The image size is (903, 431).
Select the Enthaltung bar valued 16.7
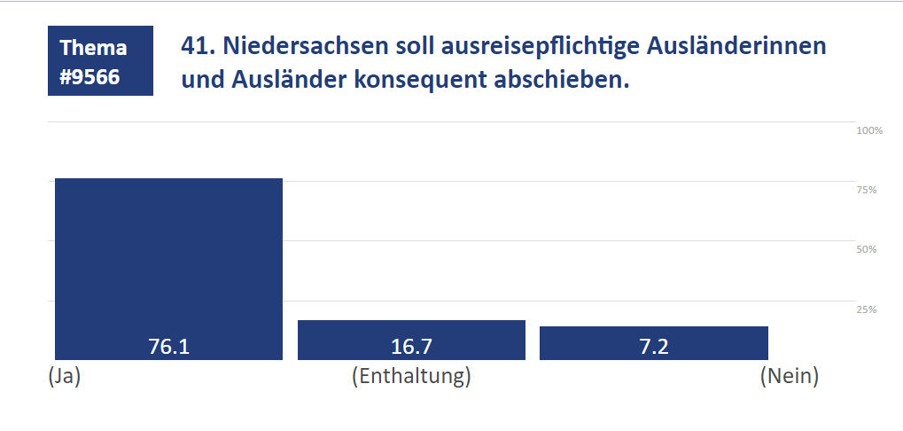(x=411, y=333)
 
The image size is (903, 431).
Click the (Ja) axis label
(x=64, y=376)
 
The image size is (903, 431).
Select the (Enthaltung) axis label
(x=411, y=376)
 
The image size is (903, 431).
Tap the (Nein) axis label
(x=789, y=376)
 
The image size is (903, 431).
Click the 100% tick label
(x=869, y=130)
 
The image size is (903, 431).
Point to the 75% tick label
(x=866, y=190)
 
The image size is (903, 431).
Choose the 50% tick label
(x=866, y=249)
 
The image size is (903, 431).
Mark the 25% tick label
(x=866, y=309)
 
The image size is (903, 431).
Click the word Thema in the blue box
(x=93, y=48)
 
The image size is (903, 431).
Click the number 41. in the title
(x=197, y=46)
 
